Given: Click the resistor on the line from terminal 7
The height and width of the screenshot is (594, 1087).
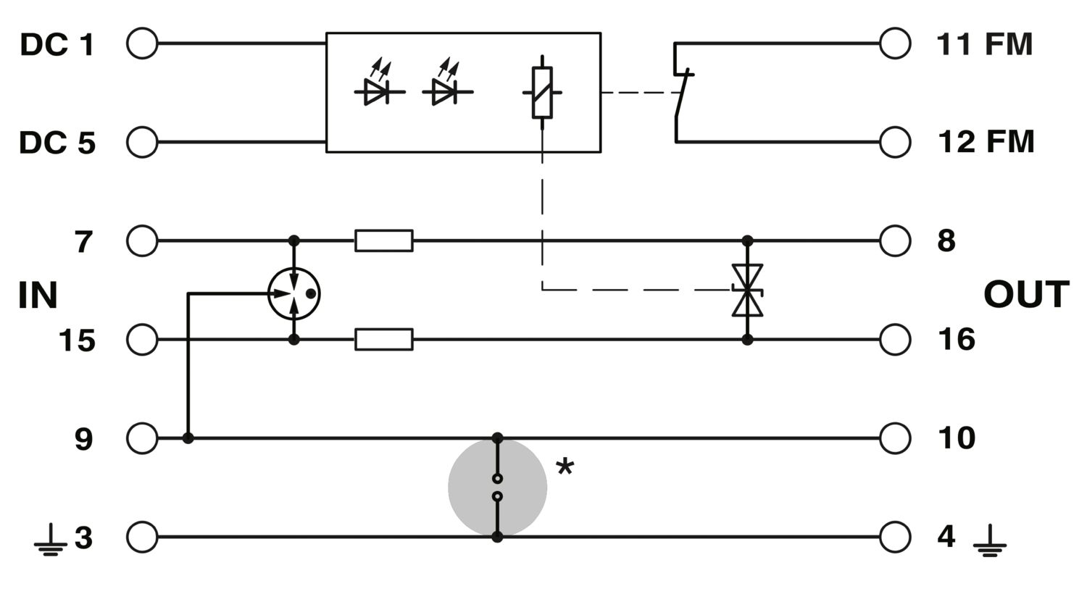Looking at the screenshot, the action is tap(384, 240).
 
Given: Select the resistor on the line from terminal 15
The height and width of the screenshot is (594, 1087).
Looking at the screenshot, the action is tap(384, 340).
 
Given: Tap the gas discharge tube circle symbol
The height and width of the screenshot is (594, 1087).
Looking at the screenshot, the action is tap(268, 293).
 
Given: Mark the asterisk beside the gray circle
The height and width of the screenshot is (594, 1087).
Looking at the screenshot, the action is tap(565, 467).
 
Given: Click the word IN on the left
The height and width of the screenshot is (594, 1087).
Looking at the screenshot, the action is tap(38, 295).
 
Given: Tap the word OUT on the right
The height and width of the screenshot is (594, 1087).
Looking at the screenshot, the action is tap(1026, 294).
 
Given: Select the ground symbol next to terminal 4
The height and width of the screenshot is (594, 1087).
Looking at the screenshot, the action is tap(990, 540).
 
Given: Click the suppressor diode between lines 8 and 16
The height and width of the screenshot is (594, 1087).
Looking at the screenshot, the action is tap(747, 290).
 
